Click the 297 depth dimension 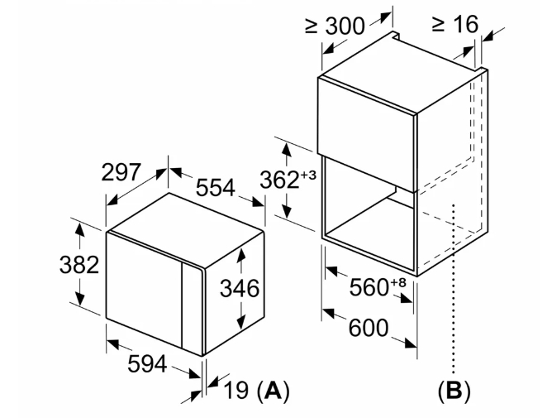[x=121, y=172]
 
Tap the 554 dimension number [x=215, y=187]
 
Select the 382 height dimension [x=79, y=265]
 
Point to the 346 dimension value [x=240, y=288]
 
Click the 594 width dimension [x=147, y=363]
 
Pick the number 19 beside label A [x=236, y=390]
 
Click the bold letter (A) [x=274, y=391]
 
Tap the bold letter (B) [x=454, y=391]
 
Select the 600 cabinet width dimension [x=369, y=328]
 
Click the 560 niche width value [x=369, y=286]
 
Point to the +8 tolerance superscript [x=398, y=282]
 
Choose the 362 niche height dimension [x=279, y=180]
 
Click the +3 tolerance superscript [x=308, y=175]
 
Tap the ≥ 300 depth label [x=335, y=26]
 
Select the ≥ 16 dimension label [x=454, y=24]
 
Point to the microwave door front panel [x=144, y=288]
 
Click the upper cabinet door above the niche [x=367, y=134]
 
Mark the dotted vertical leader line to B [x=454, y=289]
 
